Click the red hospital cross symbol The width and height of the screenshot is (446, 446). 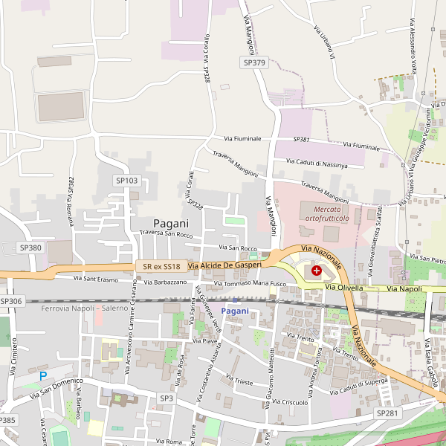(317, 272)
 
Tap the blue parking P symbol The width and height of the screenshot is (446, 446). (43, 376)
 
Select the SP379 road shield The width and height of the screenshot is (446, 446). (254, 63)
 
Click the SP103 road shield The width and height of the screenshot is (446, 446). (126, 181)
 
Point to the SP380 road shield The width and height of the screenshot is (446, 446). (30, 247)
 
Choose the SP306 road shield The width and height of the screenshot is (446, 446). (11, 301)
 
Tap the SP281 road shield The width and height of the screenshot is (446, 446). (387, 413)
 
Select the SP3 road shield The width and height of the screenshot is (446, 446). (167, 398)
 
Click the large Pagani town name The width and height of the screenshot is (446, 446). (171, 223)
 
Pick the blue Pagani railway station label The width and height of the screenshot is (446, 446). (235, 310)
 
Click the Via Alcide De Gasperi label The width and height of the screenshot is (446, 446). (224, 265)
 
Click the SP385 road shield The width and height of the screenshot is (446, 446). (7, 420)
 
